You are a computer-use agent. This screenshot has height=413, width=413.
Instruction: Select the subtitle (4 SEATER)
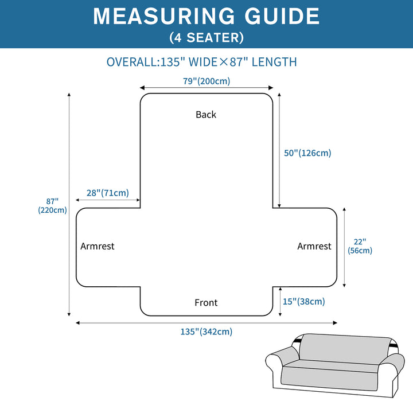pyautogui.click(x=206, y=38)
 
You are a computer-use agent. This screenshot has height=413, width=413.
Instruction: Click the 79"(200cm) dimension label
pyautogui.click(x=206, y=81)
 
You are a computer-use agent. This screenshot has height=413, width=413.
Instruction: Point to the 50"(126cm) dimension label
pyautogui.click(x=308, y=153)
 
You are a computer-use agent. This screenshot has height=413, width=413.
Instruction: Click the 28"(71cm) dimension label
pyautogui.click(x=108, y=193)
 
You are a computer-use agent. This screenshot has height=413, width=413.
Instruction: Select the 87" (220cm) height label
pyautogui.click(x=53, y=205)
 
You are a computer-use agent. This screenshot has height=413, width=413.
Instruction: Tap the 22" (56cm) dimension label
pyautogui.click(x=360, y=246)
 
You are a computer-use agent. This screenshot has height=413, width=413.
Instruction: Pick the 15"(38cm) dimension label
pyautogui.click(x=305, y=301)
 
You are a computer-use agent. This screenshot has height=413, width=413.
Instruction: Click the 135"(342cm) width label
pyautogui.click(x=206, y=332)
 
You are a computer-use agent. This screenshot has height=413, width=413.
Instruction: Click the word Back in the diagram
pyautogui.click(x=206, y=115)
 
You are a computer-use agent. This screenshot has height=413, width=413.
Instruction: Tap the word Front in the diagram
pyautogui.click(x=206, y=303)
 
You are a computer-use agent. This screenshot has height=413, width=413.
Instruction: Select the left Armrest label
pyautogui.click(x=98, y=246)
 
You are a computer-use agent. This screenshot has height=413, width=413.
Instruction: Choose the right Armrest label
pyautogui.click(x=314, y=246)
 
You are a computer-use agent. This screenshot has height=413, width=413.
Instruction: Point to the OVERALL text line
pyautogui.click(x=201, y=62)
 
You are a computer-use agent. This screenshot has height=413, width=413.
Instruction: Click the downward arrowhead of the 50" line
pyautogui.click(x=279, y=205)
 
